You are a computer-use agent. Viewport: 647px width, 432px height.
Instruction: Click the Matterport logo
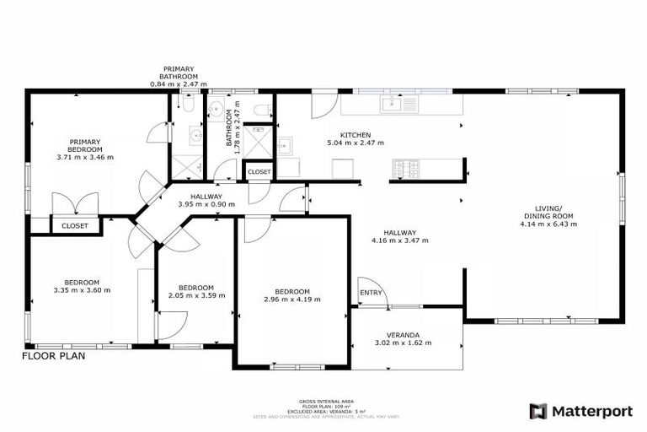pos(580,411)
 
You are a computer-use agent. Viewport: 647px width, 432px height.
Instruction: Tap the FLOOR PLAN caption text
pos(53,355)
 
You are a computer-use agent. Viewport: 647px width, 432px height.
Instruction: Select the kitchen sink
pos(391,104)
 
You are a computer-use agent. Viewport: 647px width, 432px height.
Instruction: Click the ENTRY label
pos(371,294)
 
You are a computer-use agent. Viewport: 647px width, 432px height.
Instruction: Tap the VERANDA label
pos(403,334)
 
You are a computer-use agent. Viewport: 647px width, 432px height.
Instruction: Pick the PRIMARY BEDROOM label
pos(85,145)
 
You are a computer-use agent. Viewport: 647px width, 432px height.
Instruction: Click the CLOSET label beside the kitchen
pos(259,171)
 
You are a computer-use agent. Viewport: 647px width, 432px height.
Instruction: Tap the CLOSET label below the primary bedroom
pos(74,225)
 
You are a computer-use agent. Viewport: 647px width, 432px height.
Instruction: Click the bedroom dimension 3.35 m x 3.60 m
pos(82,290)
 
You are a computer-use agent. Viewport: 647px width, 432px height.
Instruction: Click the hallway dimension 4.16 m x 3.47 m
pos(399,240)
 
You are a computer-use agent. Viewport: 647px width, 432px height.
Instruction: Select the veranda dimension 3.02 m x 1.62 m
pos(403,343)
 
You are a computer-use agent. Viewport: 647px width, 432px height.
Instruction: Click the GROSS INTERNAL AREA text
pos(325,402)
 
